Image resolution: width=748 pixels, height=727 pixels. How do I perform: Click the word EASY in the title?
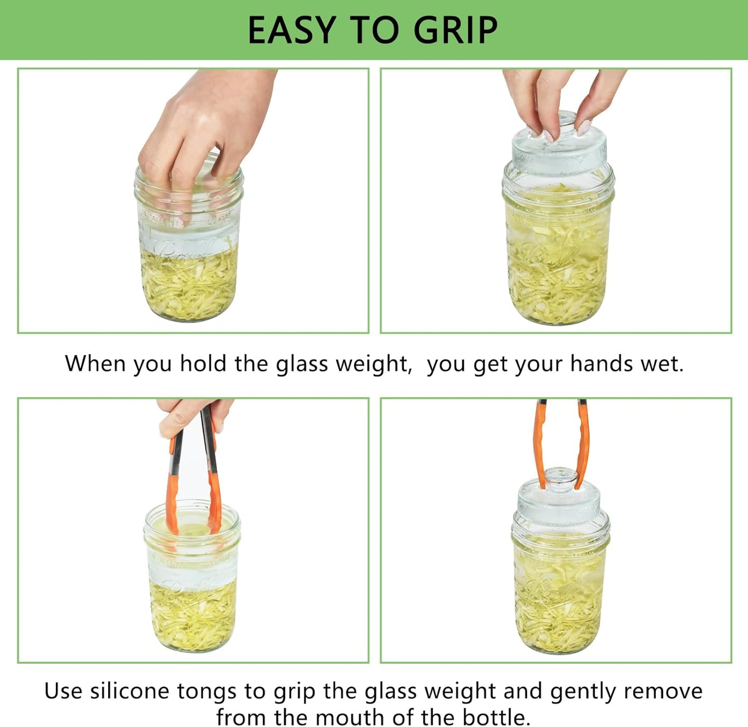click(x=292, y=30)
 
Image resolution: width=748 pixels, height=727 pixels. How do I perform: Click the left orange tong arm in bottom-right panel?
click(x=540, y=445)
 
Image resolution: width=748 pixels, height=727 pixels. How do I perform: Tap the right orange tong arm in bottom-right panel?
click(x=583, y=445)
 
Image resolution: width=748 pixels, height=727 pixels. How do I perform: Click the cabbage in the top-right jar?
click(x=558, y=269)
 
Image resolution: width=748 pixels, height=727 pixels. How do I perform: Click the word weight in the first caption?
click(x=372, y=363)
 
